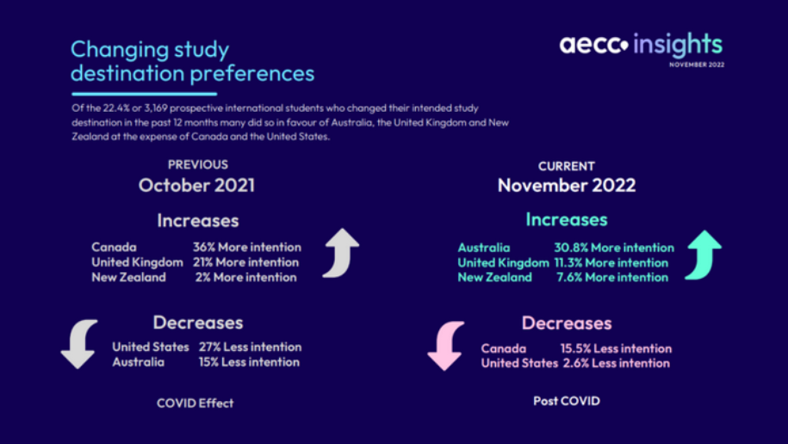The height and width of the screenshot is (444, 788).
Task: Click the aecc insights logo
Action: click(641, 45)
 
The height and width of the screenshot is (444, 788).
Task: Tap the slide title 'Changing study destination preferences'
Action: click(192, 60)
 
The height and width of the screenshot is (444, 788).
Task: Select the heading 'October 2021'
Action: click(196, 184)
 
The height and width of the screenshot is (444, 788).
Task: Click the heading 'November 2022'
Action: click(566, 185)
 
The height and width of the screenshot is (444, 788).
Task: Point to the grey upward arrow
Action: click(340, 253)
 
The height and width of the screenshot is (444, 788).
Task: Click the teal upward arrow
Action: click(703, 256)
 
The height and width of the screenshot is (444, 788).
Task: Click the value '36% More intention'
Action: click(246, 248)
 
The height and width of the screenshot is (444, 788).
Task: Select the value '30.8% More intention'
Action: click(620, 248)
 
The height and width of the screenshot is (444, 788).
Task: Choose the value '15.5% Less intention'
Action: click(616, 348)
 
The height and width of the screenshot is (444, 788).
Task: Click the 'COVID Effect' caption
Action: click(195, 403)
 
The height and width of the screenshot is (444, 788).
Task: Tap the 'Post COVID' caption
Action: click(566, 401)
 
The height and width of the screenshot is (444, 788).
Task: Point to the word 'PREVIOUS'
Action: click(198, 164)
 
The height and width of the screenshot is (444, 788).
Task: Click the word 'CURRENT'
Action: click(566, 166)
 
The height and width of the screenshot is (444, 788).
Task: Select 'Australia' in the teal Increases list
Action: click(484, 248)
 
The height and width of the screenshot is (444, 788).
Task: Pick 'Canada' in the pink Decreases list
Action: click(503, 348)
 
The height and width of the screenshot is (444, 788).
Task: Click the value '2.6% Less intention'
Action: click(616, 363)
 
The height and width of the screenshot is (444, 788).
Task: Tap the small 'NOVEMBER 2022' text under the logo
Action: click(696, 65)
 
